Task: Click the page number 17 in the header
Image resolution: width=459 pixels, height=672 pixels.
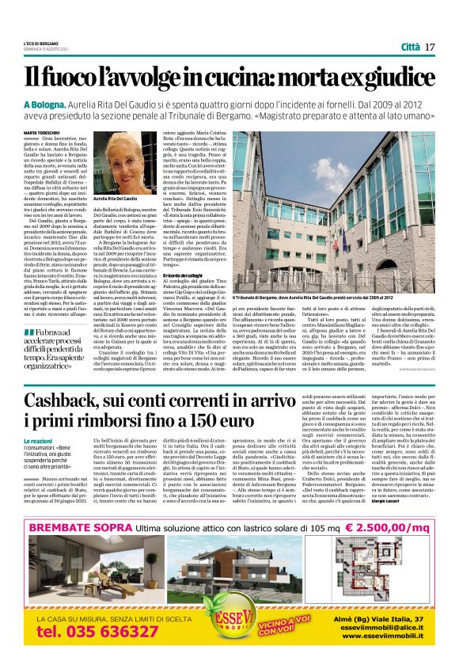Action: pos(430,47)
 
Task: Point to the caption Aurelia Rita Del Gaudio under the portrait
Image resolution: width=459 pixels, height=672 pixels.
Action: pos(116,199)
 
